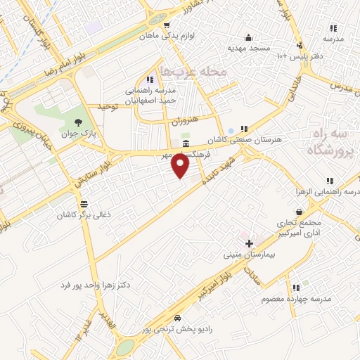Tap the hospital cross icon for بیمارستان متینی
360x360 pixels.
pyautogui.click(x=249, y=243)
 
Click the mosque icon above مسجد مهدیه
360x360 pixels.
pyautogui.click(x=248, y=37)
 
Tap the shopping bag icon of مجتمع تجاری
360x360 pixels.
pyautogui.click(x=300, y=211)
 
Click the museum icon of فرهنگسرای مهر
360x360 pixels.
pyautogui.click(x=185, y=143)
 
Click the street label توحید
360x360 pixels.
pyautogui.click(x=105, y=107)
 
